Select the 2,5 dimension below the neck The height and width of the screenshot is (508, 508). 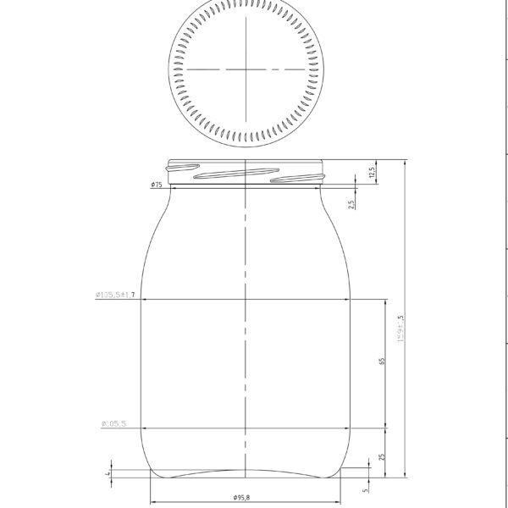point(351,203)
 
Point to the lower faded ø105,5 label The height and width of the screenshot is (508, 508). point(113,423)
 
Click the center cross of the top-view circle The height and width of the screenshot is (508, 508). point(245,68)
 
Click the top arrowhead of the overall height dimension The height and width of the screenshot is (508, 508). point(406,162)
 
